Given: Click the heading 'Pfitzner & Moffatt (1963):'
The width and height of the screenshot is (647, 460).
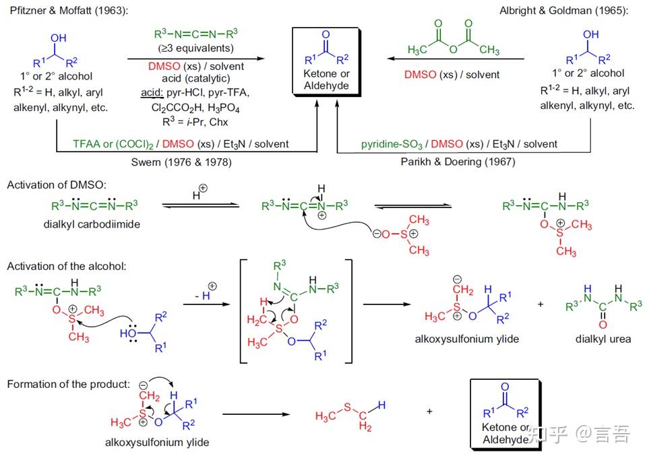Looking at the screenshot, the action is click(69, 10).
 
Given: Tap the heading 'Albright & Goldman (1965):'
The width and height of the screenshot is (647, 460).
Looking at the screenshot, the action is click(563, 10).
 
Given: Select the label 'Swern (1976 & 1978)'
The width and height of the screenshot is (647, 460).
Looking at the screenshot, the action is click(181, 162).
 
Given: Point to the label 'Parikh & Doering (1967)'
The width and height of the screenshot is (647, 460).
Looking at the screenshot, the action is click(458, 162).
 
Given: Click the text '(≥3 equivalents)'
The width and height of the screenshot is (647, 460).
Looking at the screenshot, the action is click(196, 48).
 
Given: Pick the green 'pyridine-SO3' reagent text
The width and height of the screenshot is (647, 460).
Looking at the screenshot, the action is click(392, 144).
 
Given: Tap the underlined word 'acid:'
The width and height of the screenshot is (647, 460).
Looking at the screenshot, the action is click(152, 92).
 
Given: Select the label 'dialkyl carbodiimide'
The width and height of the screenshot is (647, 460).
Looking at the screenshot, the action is click(92, 224).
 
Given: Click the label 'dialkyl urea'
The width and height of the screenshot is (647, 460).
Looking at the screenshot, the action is click(603, 339).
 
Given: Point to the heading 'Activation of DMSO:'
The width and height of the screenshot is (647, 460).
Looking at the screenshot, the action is click(57, 185).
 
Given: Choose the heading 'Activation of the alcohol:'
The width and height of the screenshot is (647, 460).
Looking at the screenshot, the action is click(67, 266).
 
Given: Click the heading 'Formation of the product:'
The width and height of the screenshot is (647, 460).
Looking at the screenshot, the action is click(69, 384).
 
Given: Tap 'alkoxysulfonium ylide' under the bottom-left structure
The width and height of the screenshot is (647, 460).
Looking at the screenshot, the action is click(157, 442).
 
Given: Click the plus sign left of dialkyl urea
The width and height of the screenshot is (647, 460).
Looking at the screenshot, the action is click(541, 304).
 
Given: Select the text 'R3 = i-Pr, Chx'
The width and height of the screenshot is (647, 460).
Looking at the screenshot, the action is click(195, 122).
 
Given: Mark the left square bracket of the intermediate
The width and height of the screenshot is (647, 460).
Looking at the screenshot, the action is click(243, 311).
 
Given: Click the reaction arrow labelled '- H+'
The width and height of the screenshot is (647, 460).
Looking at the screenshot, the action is click(206, 304).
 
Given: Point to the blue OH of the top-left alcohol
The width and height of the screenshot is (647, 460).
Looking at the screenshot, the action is click(58, 38).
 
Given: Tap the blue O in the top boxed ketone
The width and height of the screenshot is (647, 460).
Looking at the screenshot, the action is click(326, 34).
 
